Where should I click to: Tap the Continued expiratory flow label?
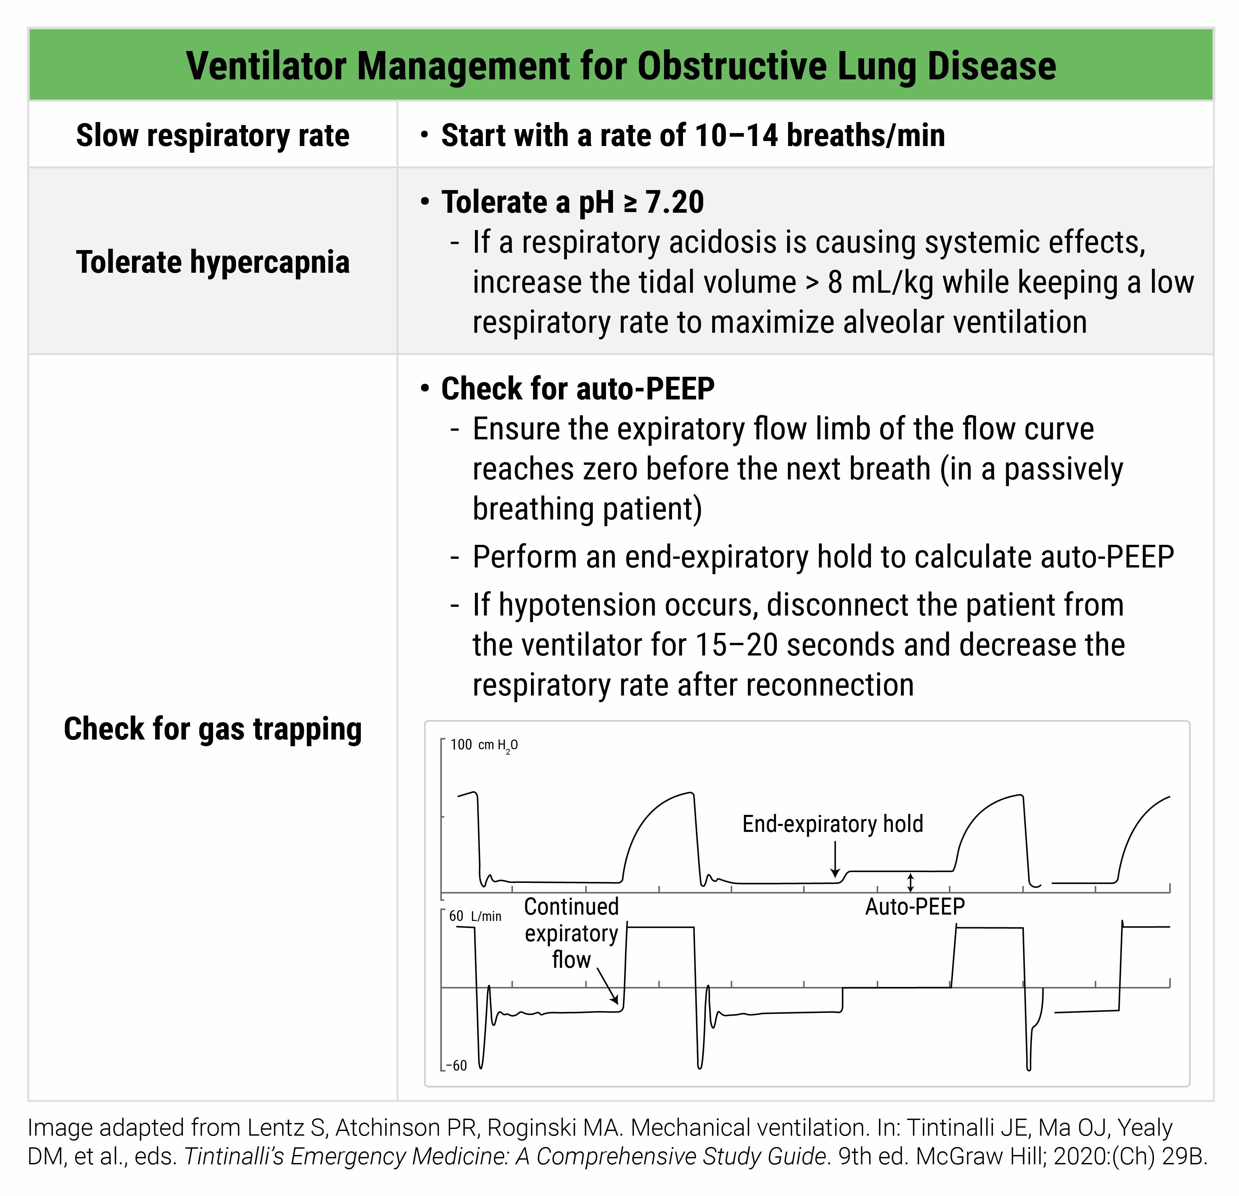tap(571, 933)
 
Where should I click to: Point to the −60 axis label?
tap(456, 1066)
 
